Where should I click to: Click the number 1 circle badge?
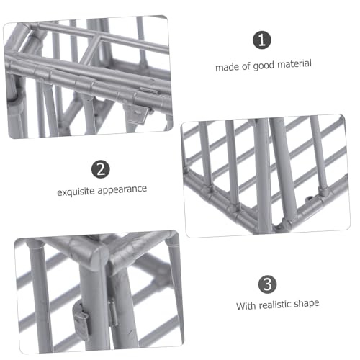pyautogui.click(x=262, y=40)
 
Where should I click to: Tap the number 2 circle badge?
pyautogui.click(x=101, y=169)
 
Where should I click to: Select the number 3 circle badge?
pyautogui.click(x=267, y=284)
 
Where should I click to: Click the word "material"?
pyautogui.click(x=294, y=64)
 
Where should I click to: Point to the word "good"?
pyautogui.click(x=264, y=66)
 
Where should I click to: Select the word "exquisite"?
pyautogui.click(x=76, y=192)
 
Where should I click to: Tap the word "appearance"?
pyautogui.click(x=122, y=189)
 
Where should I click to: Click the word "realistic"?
pyautogui.click(x=275, y=305)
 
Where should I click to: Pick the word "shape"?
pyautogui.click(x=307, y=304)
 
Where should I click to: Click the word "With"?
pyautogui.click(x=246, y=306)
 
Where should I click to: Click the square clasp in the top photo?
pyautogui.click(x=137, y=113)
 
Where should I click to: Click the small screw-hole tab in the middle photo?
pyautogui.click(x=310, y=199)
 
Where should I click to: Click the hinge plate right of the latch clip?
pyautogui.click(x=112, y=313)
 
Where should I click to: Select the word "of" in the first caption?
pyautogui.click(x=246, y=66)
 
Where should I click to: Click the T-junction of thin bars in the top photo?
pyautogui.click(x=99, y=38)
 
